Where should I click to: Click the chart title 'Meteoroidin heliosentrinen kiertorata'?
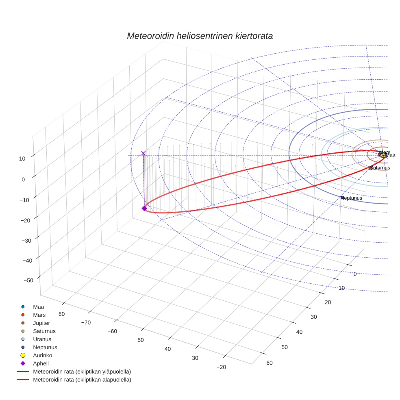pos(200,36)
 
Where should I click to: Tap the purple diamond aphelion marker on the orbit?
pos(144,208)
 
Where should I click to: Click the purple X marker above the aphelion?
pos(143,153)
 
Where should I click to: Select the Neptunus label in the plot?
pos(352,198)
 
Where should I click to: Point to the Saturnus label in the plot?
pos(380,168)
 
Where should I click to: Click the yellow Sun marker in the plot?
pos(383,155)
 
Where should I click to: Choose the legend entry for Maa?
pos(38,307)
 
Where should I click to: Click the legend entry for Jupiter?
pos(41,323)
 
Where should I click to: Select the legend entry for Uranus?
pos(42,339)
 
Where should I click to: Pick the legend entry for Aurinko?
pos(42,355)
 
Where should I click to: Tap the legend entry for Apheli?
pos(41,363)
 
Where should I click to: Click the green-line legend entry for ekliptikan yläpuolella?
pos(82,372)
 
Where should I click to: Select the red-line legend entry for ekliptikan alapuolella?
pos(82,380)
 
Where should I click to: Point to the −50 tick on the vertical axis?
pos(28,280)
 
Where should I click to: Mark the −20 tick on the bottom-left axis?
pos(221,367)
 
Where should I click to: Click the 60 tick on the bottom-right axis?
pos(269,363)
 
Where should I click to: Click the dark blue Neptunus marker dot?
pos(342,198)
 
